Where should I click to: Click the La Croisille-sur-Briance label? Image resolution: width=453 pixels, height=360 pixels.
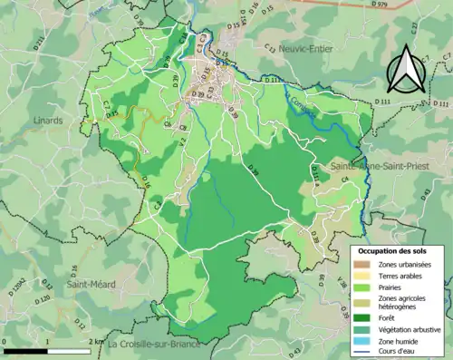tap(159, 345)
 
